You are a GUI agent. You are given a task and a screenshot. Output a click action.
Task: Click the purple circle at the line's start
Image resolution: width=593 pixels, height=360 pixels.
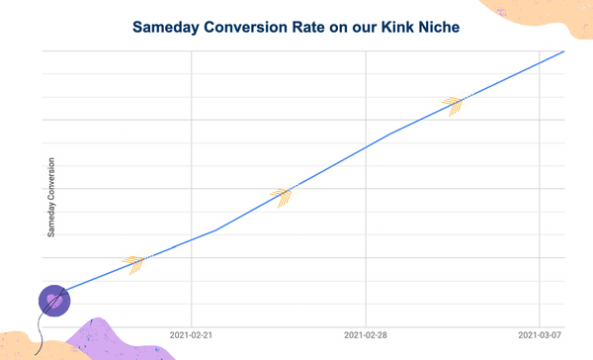(53, 300)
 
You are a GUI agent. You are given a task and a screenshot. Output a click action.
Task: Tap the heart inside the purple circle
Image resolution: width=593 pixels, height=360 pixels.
(53, 299)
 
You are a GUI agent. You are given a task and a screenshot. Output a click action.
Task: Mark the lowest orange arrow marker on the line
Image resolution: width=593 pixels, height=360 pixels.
(135, 263)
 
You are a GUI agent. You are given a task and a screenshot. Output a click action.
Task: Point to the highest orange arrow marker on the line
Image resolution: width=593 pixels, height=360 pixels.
(454, 104)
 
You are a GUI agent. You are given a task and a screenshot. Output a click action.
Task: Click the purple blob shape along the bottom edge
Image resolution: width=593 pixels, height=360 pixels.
(104, 339)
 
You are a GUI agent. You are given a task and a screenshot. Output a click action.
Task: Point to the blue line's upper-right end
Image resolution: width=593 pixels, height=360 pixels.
(563, 50)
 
